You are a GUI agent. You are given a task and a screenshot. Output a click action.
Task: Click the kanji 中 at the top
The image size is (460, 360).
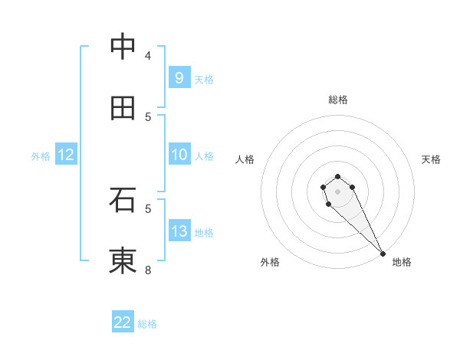[123, 47]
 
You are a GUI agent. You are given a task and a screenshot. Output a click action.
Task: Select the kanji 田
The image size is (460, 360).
[123, 108]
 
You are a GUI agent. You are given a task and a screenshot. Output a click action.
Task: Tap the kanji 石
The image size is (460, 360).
[123, 200]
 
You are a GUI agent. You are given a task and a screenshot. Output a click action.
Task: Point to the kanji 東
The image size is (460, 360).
[123, 261]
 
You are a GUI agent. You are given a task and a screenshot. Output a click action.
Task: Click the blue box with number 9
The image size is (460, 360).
[179, 77]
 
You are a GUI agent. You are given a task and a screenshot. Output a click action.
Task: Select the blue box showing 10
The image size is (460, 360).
[179, 155]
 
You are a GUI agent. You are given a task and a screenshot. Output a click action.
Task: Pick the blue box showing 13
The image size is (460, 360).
[179, 231]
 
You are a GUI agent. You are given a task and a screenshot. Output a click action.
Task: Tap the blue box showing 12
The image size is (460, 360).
[66, 155]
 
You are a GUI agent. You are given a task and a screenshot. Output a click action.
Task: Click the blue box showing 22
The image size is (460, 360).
[123, 322]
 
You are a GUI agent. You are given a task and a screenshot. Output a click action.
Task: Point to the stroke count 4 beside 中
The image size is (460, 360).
[148, 55]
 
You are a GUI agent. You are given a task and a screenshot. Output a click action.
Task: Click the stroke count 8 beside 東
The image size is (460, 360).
[148, 270]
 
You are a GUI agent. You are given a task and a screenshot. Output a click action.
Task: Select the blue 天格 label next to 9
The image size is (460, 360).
[204, 79]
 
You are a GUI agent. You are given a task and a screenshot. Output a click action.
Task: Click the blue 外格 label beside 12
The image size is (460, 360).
[41, 156]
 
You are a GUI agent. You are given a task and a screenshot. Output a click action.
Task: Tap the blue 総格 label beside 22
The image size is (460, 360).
[147, 324]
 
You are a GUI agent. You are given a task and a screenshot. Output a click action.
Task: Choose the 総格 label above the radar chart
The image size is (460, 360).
[338, 100]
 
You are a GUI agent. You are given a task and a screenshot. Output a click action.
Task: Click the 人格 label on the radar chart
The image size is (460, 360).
[245, 159]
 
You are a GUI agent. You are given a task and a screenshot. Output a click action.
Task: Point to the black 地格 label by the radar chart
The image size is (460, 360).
[402, 262]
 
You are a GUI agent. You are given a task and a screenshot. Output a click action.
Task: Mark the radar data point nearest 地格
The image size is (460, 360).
[383, 254]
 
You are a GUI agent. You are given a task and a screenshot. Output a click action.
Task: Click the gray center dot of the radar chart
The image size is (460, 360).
[337, 191]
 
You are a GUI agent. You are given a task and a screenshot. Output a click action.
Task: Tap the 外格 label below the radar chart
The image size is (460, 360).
[270, 262]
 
